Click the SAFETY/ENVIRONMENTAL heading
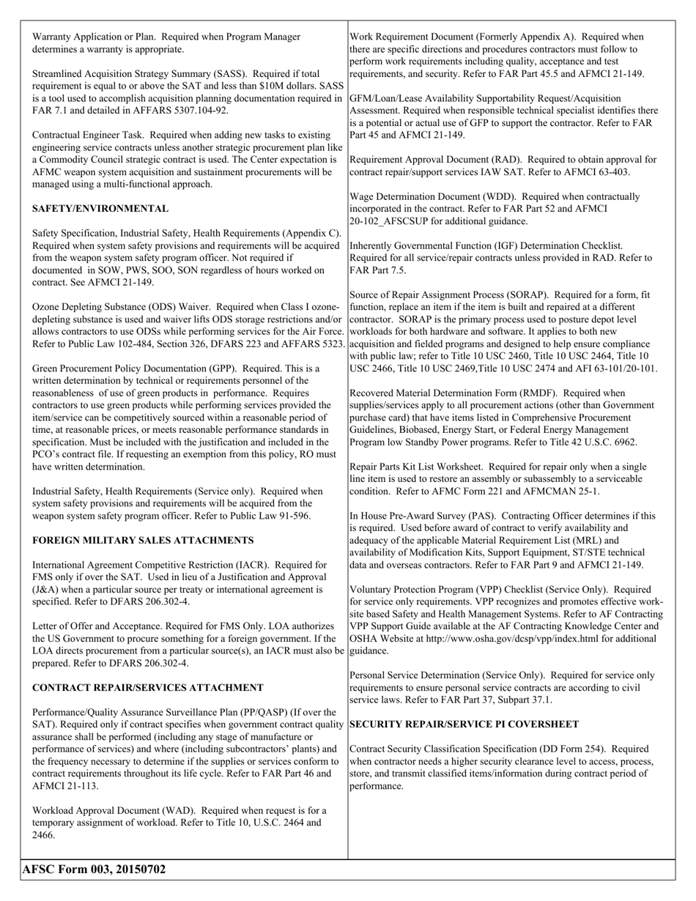coord(100,209)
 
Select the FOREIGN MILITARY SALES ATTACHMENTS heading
coord(143,540)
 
